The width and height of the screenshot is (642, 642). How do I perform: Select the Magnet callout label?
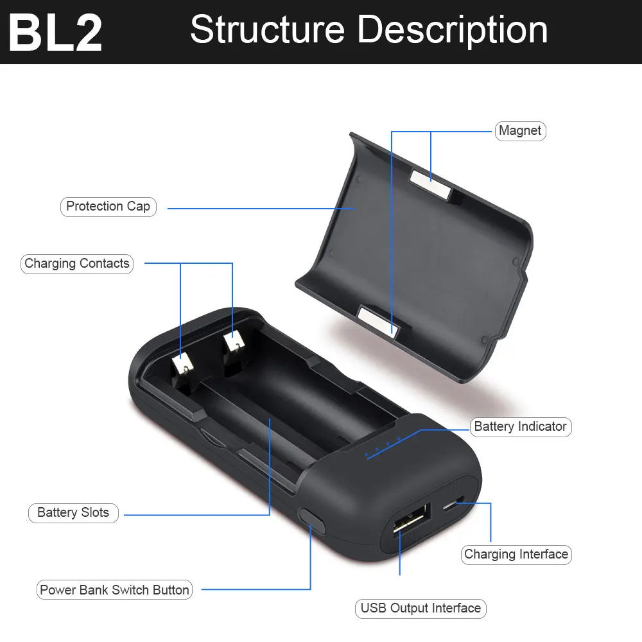coord(520,131)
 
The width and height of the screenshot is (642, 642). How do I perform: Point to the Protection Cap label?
coord(108,207)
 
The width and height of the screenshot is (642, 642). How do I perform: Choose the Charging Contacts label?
coord(77,264)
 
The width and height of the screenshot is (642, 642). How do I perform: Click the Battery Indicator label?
coord(520,427)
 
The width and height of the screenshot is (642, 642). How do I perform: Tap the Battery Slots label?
coord(73,513)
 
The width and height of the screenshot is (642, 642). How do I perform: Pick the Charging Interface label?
coord(516,555)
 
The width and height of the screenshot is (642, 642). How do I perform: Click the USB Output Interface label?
coord(421,609)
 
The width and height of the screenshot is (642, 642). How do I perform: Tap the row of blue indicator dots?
coord(383,447)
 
